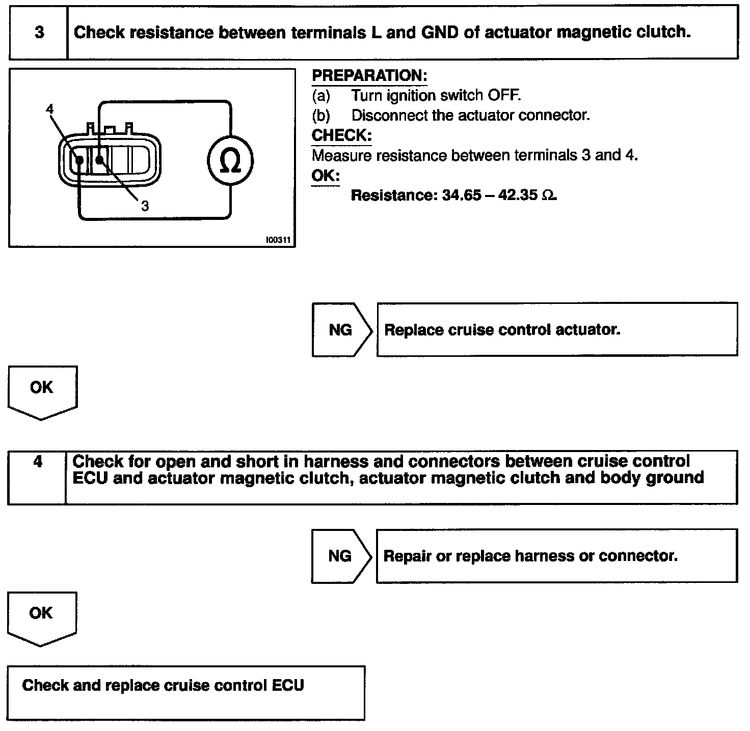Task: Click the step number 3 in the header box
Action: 39,33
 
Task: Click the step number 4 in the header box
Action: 38,462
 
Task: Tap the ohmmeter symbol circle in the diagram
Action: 230,161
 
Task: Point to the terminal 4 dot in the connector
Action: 79,160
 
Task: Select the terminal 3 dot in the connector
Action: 100,160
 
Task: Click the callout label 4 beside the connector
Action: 49,109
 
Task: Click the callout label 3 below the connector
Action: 145,206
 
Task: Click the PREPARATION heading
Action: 369,76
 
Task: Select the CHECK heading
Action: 341,135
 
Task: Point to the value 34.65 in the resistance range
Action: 461,195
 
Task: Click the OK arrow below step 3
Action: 42,391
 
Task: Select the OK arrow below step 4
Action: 41,617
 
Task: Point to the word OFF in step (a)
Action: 504,96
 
